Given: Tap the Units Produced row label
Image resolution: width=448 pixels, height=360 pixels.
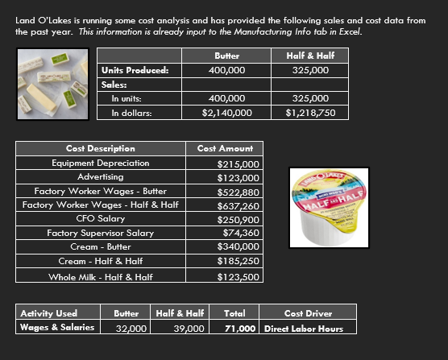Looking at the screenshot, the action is (135, 69).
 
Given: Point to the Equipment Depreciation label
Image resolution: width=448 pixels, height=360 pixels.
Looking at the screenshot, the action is (100, 163).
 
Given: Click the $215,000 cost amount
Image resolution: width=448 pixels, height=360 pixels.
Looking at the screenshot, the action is (239, 163).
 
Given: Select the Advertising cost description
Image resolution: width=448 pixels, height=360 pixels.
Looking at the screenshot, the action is (100, 176).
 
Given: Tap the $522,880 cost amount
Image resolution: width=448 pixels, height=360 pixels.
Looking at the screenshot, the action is (239, 191).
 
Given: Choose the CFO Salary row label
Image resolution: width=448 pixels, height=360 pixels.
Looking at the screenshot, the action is (100, 218).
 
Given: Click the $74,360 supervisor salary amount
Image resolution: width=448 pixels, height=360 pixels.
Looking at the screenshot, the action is (240, 233).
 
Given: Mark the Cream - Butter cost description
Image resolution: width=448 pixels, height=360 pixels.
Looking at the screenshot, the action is (100, 246).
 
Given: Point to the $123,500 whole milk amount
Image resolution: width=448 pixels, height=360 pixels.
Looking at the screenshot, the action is (239, 276).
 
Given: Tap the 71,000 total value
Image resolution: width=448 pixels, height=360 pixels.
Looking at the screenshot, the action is (241, 328).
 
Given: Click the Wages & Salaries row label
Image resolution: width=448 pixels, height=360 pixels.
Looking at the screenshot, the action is (56, 327).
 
